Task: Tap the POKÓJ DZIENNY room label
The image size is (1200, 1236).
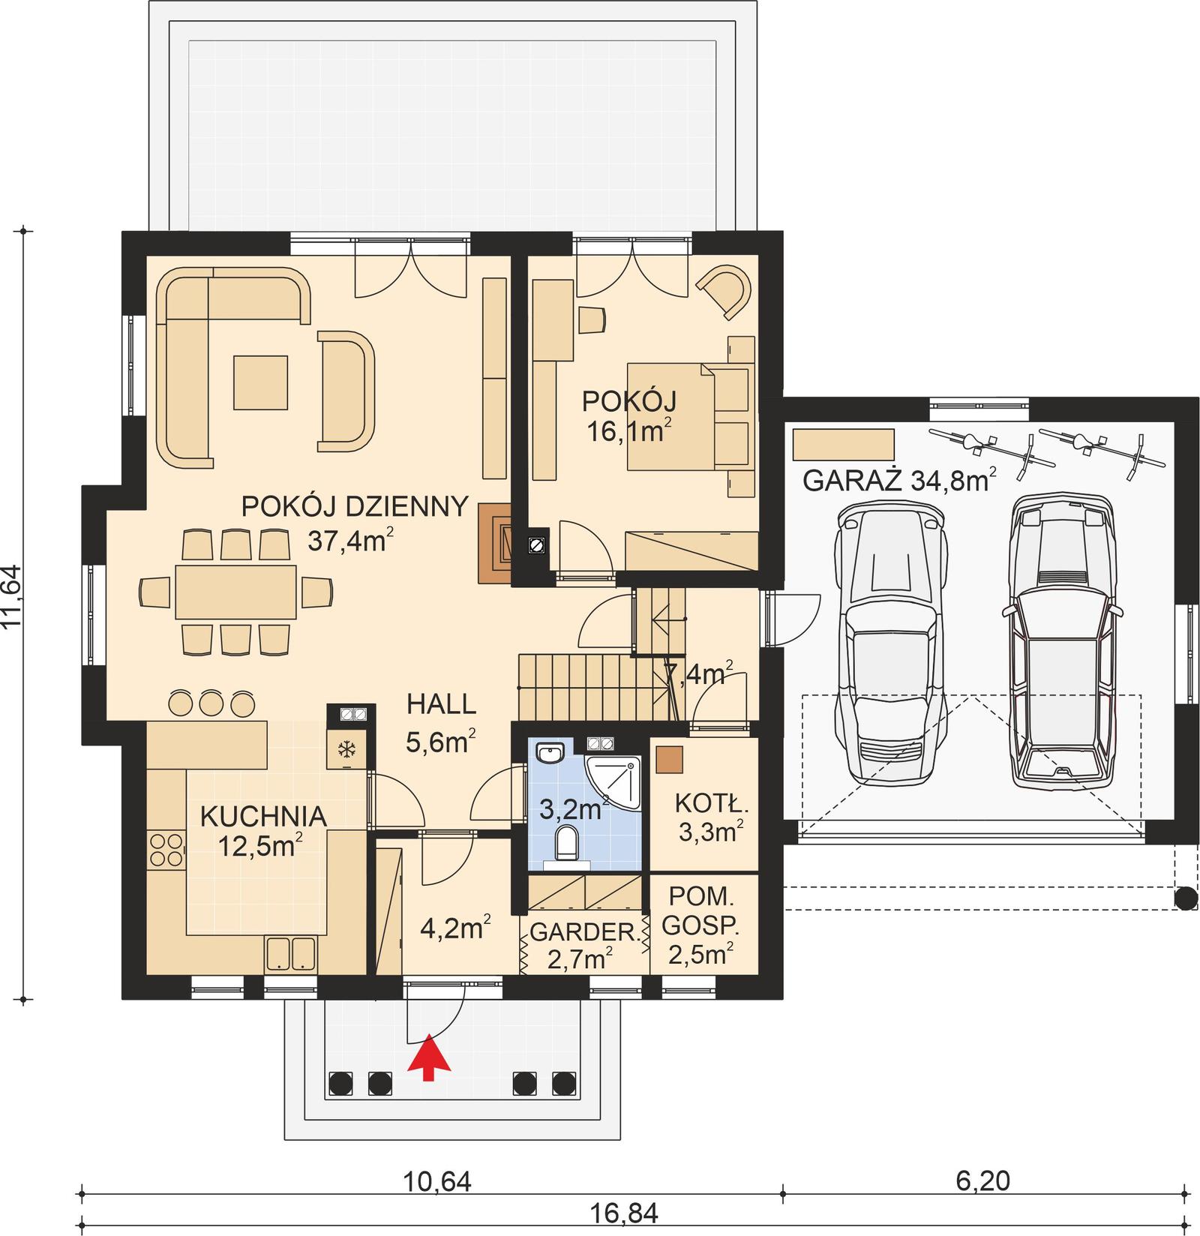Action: pyautogui.click(x=354, y=507)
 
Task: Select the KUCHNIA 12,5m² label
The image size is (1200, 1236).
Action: pyautogui.click(x=262, y=829)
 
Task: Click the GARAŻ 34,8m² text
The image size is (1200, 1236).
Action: pyautogui.click(x=899, y=480)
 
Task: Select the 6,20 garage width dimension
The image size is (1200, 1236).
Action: pyautogui.click(x=982, y=1180)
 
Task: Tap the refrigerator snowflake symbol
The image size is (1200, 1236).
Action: pyautogui.click(x=346, y=748)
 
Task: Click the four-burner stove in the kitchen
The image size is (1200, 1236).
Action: pyautogui.click(x=166, y=850)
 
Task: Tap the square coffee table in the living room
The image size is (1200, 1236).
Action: pyautogui.click(x=260, y=382)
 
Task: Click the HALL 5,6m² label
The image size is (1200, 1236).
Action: pyautogui.click(x=441, y=722)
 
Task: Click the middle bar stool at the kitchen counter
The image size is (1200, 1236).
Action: pyautogui.click(x=211, y=703)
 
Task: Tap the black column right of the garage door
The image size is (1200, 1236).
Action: pyautogui.click(x=1186, y=897)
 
